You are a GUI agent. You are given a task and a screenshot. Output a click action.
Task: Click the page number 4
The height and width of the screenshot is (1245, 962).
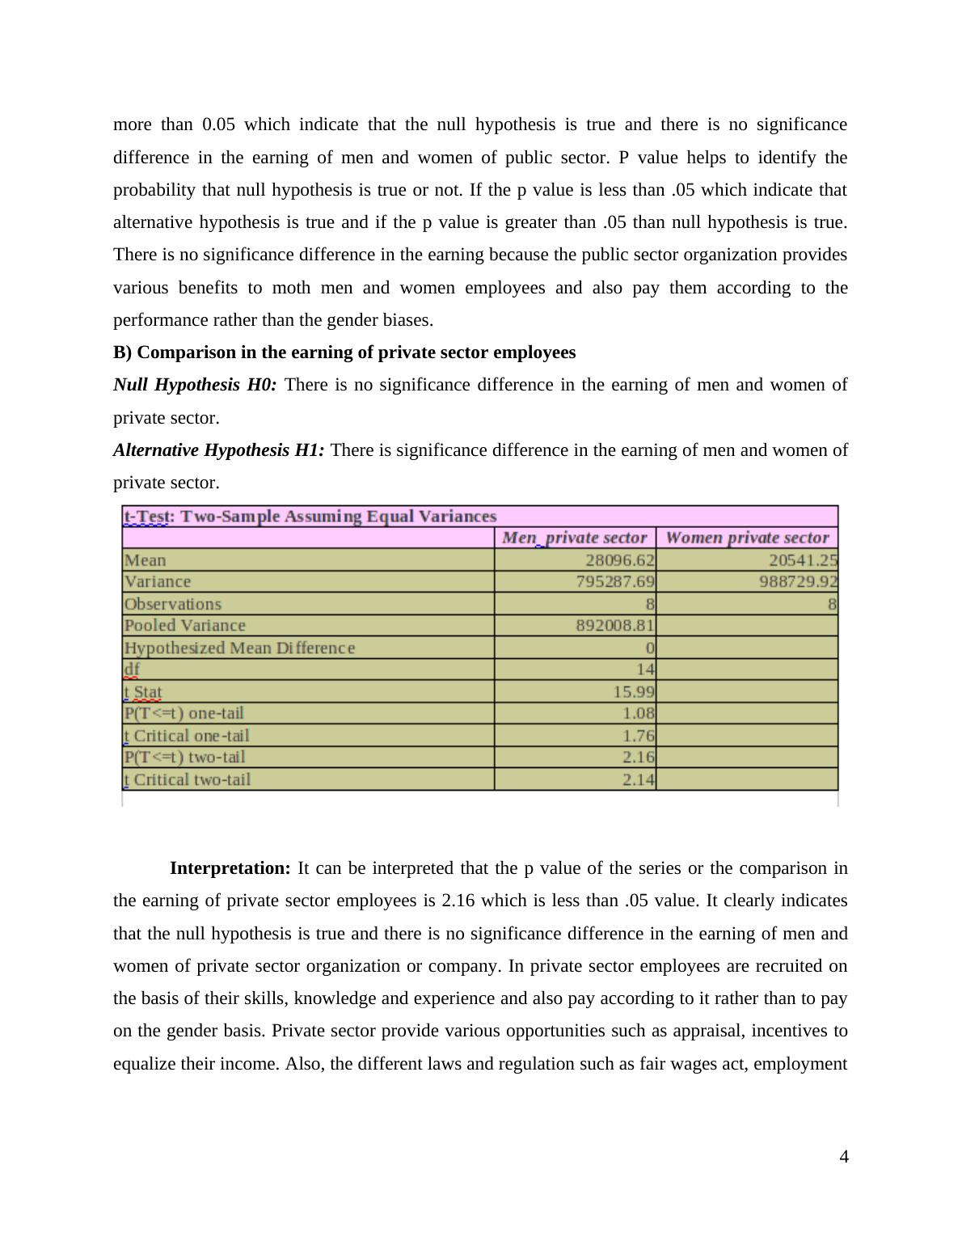tap(843, 1157)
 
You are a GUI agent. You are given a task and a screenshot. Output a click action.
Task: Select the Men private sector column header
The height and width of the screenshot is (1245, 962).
tap(574, 538)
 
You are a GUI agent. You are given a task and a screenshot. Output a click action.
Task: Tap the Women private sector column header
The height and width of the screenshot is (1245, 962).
tap(747, 538)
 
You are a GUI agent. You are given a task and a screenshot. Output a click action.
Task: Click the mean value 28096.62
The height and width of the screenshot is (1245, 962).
tap(620, 560)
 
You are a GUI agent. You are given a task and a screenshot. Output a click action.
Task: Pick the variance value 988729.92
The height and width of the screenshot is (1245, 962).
tap(798, 582)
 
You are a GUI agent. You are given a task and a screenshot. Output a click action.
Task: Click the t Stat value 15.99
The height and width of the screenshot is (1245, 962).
tap(639, 692)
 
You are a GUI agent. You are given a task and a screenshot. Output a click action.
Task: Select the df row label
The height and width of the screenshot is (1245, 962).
tap(132, 669)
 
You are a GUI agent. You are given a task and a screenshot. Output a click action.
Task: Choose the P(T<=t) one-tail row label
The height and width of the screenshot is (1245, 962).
tap(184, 713)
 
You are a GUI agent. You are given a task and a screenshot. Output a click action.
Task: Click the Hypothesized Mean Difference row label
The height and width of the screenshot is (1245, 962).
tap(239, 648)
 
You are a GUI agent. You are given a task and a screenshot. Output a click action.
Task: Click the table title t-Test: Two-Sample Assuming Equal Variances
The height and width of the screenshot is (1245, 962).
tap(310, 517)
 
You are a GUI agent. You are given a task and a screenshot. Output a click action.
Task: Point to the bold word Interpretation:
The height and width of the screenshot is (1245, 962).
tap(230, 868)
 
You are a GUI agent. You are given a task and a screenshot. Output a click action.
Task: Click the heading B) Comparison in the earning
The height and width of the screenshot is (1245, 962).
tap(344, 352)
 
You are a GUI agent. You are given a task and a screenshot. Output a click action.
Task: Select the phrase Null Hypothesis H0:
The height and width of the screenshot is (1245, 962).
tap(195, 385)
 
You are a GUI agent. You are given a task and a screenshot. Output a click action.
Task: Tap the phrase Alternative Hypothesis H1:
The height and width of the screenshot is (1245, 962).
tap(218, 450)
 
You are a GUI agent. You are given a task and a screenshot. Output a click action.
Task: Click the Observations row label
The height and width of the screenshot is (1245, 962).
tap(172, 604)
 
